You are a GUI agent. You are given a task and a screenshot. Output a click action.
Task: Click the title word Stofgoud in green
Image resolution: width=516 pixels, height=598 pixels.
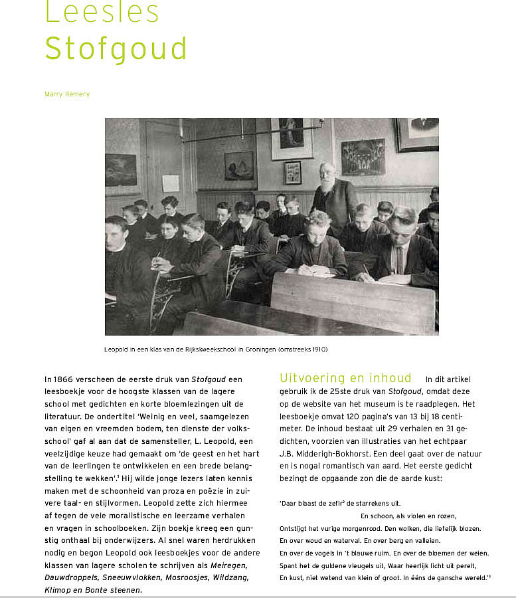(x=116, y=49)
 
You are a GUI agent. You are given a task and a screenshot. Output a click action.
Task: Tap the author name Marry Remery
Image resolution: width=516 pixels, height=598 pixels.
(x=67, y=94)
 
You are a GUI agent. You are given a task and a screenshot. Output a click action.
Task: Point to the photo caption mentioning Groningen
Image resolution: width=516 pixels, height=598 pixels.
(x=216, y=349)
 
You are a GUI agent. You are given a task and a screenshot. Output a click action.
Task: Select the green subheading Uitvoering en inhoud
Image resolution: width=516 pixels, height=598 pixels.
(x=345, y=378)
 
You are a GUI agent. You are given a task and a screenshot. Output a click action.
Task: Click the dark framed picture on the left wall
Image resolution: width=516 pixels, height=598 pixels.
(x=120, y=169)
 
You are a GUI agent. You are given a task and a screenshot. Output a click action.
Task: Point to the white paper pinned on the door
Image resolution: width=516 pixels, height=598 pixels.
(x=171, y=183)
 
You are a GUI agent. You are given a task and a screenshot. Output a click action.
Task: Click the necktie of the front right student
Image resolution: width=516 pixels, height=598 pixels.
(x=400, y=260)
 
